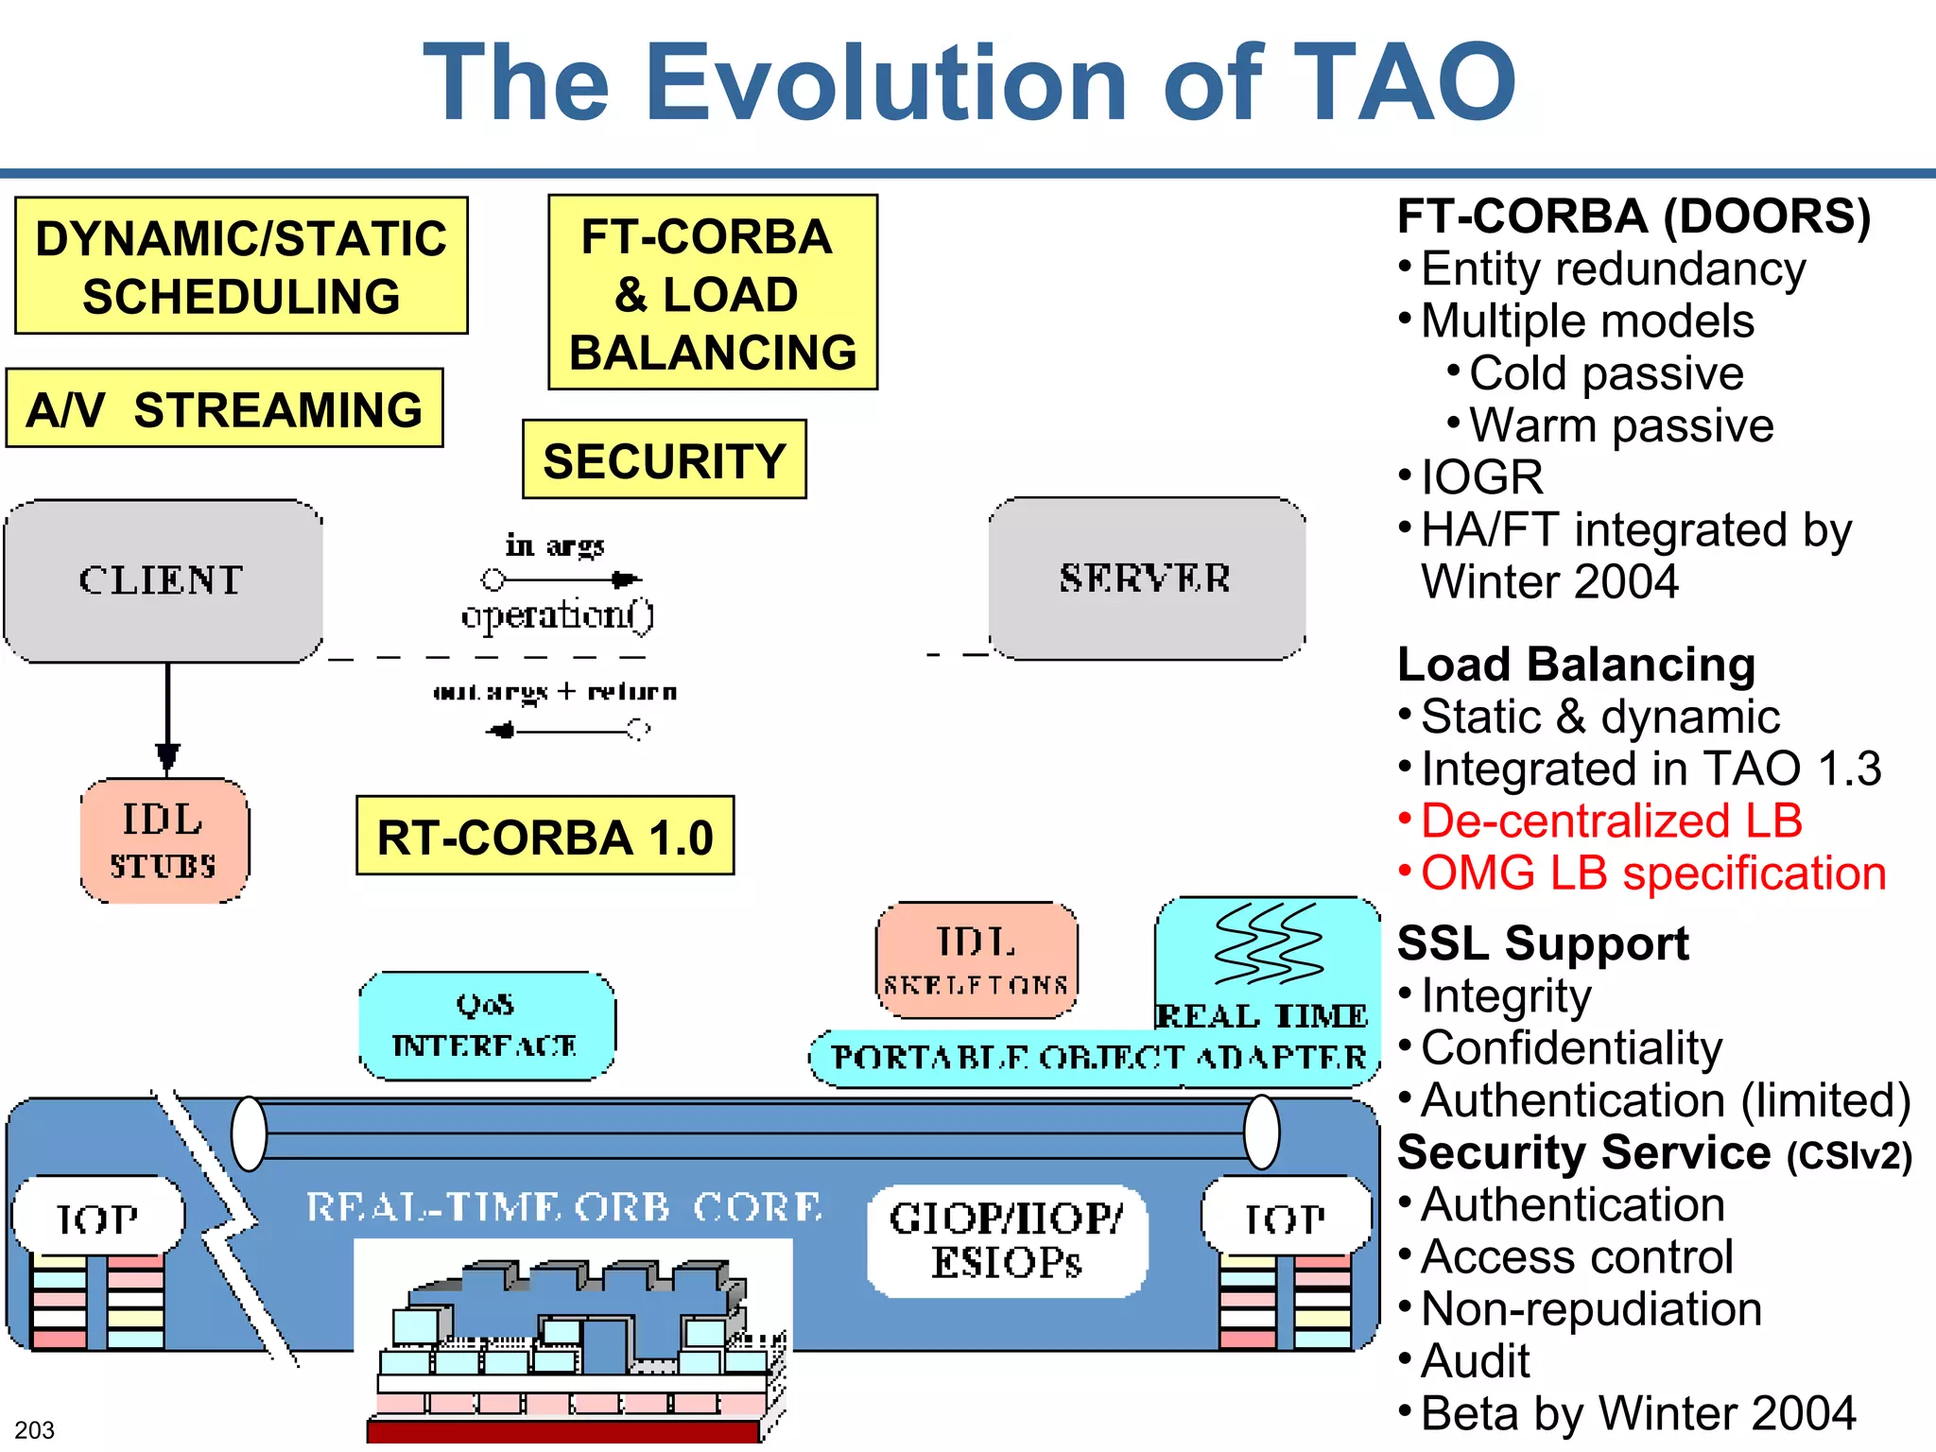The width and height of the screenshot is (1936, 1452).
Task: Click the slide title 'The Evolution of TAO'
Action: pyautogui.click(x=969, y=83)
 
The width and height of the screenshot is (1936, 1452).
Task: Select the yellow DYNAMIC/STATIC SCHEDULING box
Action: pyautogui.click(x=241, y=266)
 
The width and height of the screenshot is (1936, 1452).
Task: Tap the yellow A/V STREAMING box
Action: pyautogui.click(x=224, y=408)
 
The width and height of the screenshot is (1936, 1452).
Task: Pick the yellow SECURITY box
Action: pyautogui.click(x=664, y=460)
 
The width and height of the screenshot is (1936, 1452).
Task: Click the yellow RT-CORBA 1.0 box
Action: pyautogui.click(x=544, y=837)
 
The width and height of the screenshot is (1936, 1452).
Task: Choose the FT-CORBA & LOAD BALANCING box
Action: pyautogui.click(x=713, y=293)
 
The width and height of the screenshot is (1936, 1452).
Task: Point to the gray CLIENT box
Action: pyautogui.click(x=163, y=580)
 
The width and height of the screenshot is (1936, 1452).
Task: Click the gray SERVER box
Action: pyautogui.click(x=1146, y=579)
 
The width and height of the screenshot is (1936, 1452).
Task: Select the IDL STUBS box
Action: pyautogui.click(x=164, y=840)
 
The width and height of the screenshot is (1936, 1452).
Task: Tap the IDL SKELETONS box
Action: pyautogui.click(x=977, y=959)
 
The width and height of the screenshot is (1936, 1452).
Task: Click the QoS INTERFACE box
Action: pyautogui.click(x=486, y=1026)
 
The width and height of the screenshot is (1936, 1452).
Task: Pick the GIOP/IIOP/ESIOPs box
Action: pyautogui.click(x=1007, y=1240)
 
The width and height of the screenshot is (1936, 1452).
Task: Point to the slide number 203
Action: pyautogui.click(x=35, y=1430)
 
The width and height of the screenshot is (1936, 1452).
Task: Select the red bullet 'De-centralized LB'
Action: pyautogui.click(x=1611, y=821)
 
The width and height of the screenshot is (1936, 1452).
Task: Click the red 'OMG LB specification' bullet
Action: pyautogui.click(x=1652, y=873)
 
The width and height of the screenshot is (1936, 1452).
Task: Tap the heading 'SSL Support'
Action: pyautogui.click(x=1543, y=943)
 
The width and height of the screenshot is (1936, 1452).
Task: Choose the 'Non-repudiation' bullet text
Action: pyautogui.click(x=1591, y=1309)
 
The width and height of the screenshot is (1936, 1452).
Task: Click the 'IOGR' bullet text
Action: pyautogui.click(x=1481, y=477)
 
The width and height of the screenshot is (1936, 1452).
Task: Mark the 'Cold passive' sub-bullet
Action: pyautogui.click(x=1605, y=373)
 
